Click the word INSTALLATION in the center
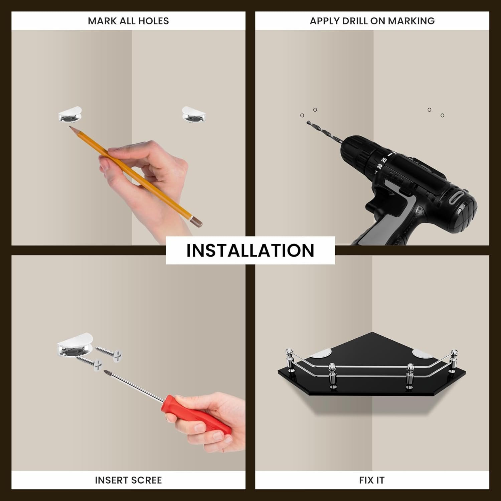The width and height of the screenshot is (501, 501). pos(250,251)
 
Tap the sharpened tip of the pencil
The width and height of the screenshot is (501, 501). pos(70,127)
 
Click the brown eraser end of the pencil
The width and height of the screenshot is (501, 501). pos(197,222)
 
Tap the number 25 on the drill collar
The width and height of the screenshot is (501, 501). pos(384,160)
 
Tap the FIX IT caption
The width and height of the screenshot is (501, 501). pos(372,480)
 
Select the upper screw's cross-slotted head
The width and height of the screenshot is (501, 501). pos(117,356)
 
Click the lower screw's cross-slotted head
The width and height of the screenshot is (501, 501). pos(98,364)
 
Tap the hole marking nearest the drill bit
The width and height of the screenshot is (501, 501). pos(302,116)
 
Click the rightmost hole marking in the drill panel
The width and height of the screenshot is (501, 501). pos(442,116)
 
